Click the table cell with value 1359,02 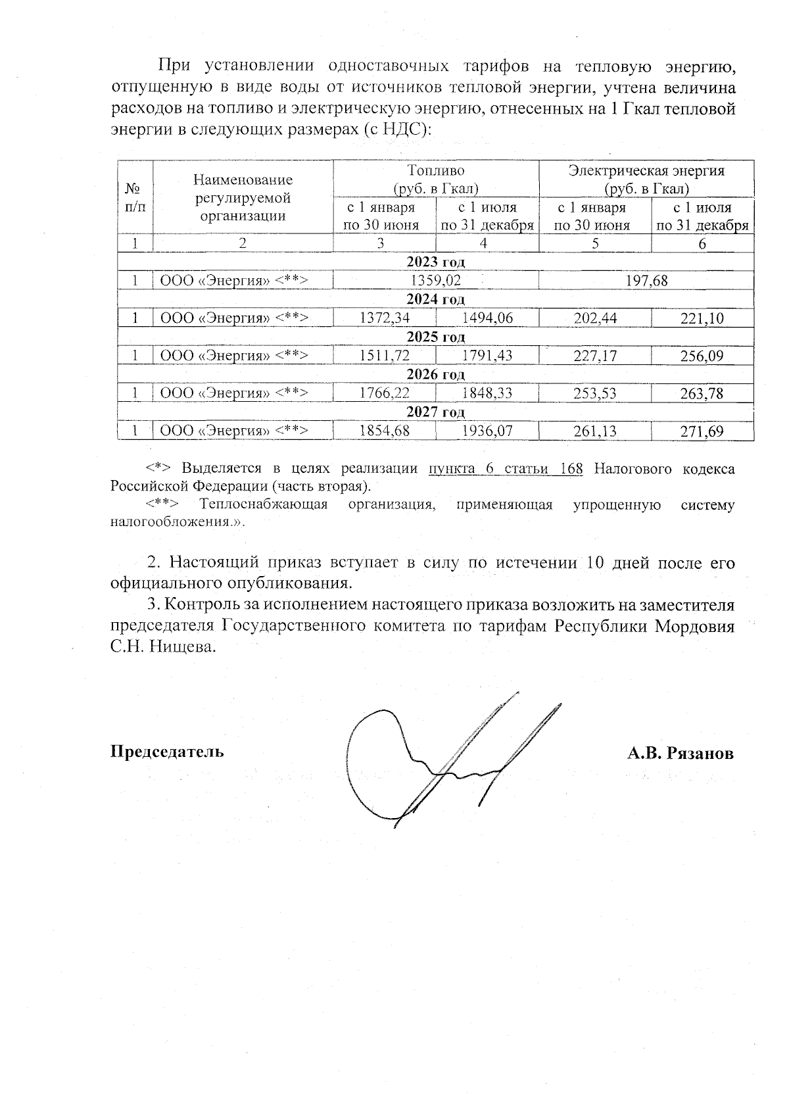coord(435,281)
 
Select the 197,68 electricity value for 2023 coord(646,281)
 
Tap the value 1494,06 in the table coord(487,319)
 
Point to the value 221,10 coord(703,319)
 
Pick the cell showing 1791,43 coord(487,356)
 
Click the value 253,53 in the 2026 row coord(594,394)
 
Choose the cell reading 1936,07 coord(487,431)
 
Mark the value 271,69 coord(703,431)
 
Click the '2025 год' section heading coord(435,337)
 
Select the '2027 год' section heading coord(435,412)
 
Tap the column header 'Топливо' coord(435,171)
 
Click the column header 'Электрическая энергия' coord(646,171)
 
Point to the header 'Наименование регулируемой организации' coord(243,197)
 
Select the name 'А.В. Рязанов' coord(680,753)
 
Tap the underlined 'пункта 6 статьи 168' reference coord(505,469)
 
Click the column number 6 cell coord(702,243)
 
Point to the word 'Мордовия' coord(694,626)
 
